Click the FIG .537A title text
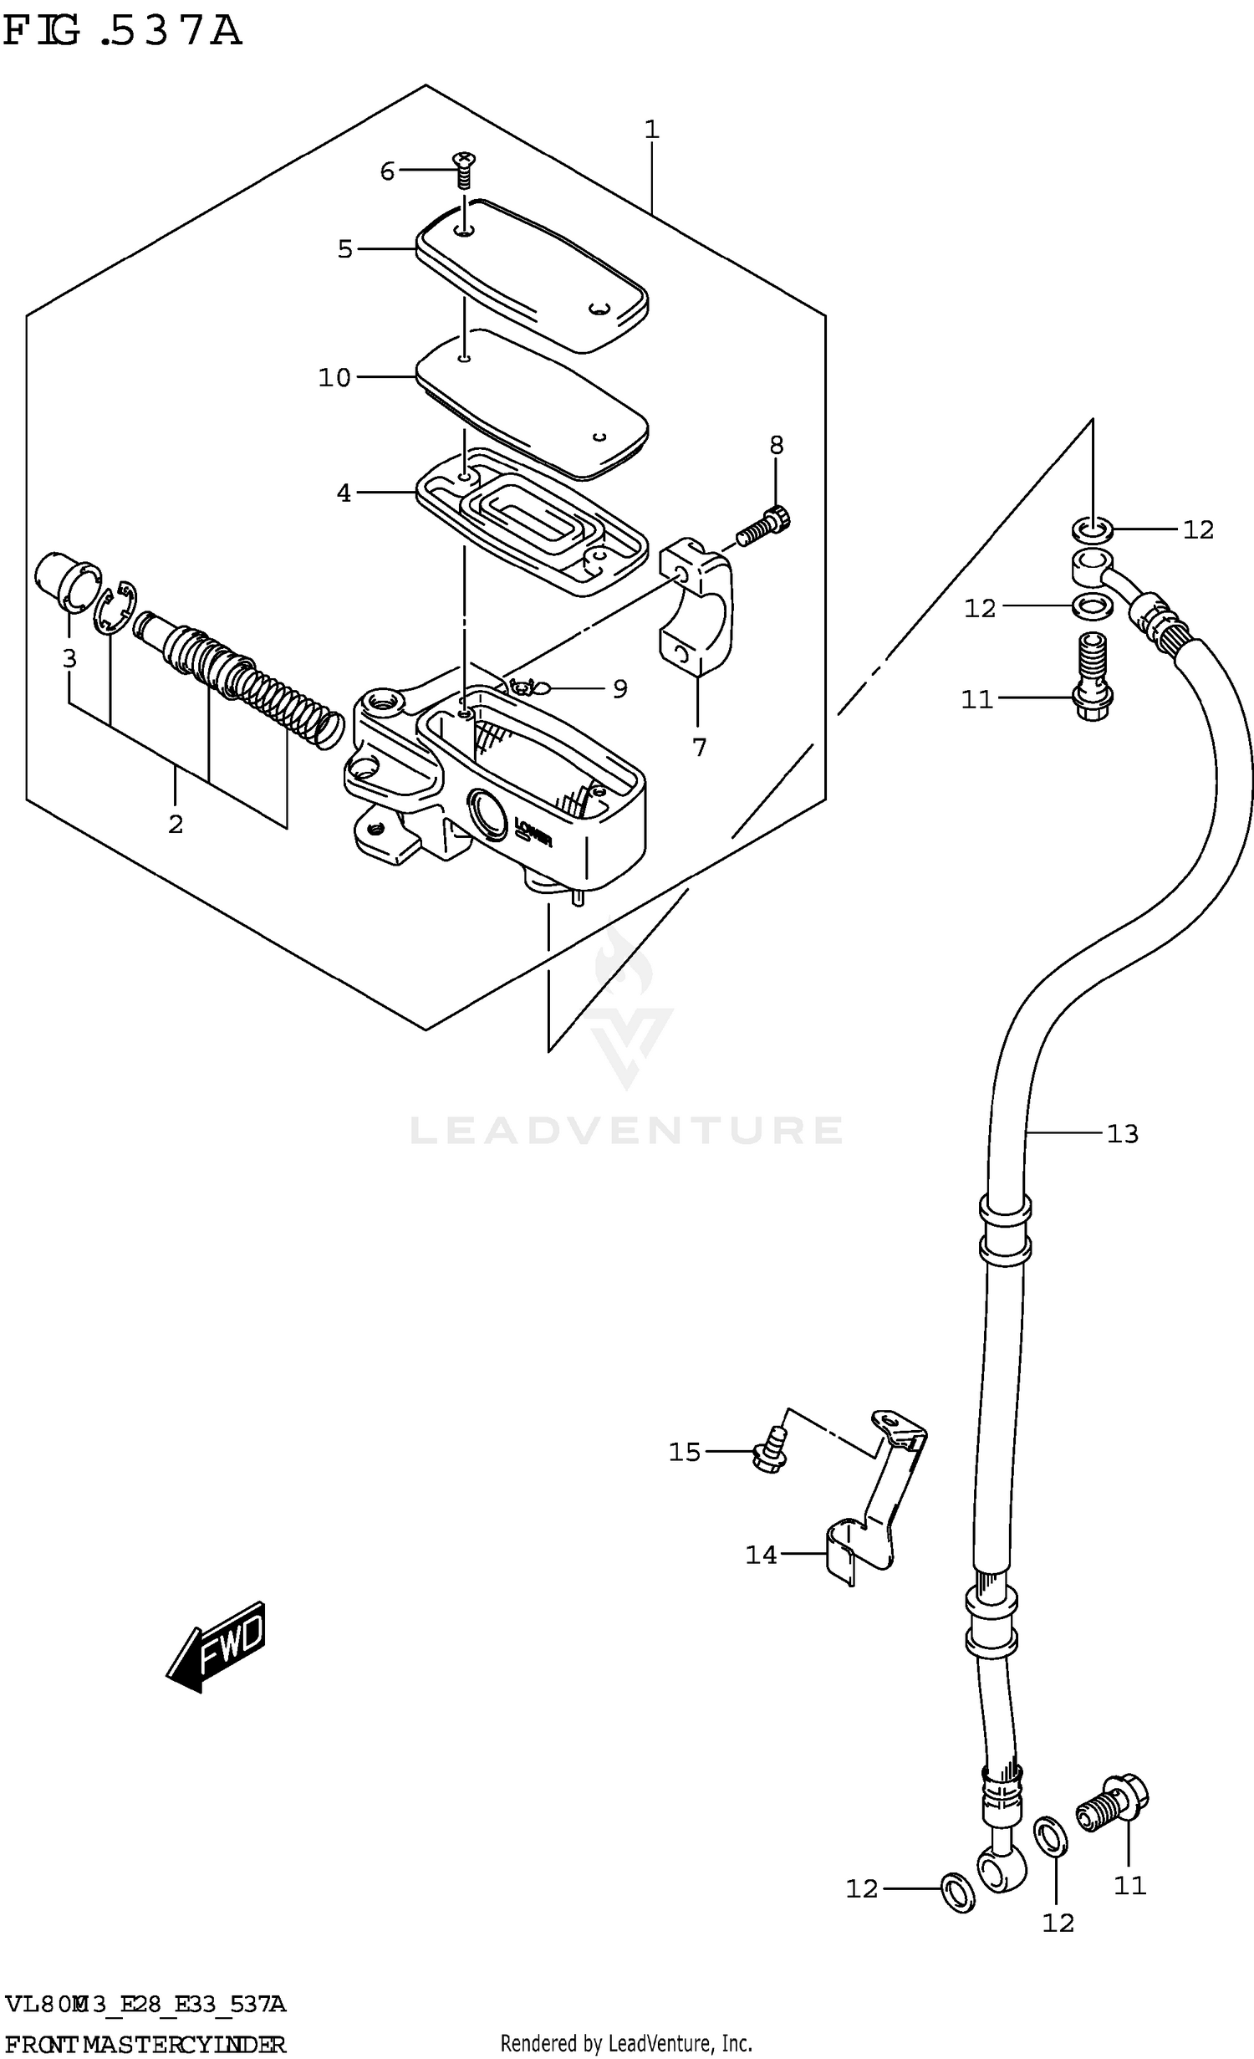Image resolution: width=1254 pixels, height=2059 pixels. pyautogui.click(x=122, y=32)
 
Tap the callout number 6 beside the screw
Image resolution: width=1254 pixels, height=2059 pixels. pyautogui.click(x=387, y=171)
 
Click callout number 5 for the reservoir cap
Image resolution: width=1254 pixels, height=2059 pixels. pyautogui.click(x=345, y=248)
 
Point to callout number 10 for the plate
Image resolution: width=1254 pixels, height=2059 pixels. pyautogui.click(x=334, y=378)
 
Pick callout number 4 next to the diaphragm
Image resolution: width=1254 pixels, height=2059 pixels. pyautogui.click(x=344, y=493)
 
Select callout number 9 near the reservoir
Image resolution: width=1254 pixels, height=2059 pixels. pyautogui.click(x=619, y=688)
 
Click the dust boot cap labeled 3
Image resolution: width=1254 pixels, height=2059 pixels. pyautogui.click(x=66, y=580)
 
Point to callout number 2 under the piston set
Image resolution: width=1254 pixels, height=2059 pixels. pyautogui.click(x=175, y=824)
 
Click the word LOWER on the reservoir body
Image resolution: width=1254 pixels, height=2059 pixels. pyautogui.click(x=533, y=831)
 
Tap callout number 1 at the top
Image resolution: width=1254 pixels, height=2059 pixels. pyautogui.click(x=652, y=130)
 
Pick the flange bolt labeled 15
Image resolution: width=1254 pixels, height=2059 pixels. pyautogui.click(x=772, y=1454)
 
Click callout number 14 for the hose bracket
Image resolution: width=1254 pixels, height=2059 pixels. pyautogui.click(x=761, y=1555)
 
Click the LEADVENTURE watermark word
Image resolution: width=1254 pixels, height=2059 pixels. pyautogui.click(x=625, y=1131)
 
